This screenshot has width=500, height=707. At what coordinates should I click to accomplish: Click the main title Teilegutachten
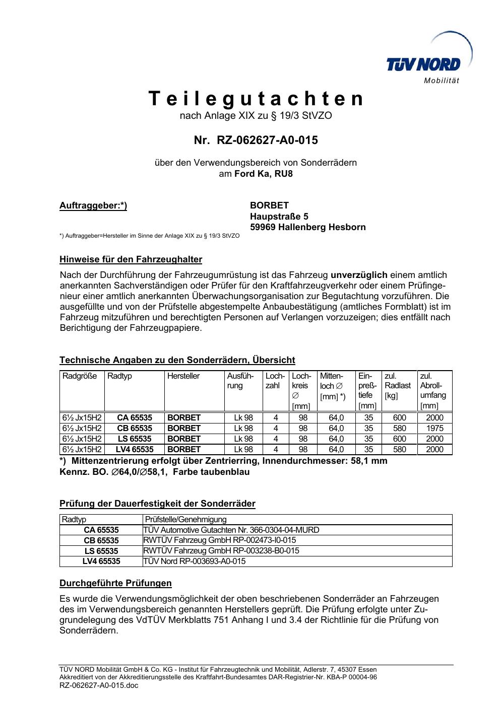click(x=256, y=99)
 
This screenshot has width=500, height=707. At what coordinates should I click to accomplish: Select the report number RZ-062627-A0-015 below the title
click(x=256, y=140)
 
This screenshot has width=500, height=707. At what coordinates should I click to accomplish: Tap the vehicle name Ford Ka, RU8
click(x=263, y=174)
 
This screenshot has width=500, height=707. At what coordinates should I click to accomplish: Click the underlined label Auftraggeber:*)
click(x=93, y=205)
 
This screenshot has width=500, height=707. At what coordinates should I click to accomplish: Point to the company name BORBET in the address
click(x=269, y=205)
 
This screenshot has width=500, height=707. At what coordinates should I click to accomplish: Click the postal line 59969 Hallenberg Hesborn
click(x=307, y=227)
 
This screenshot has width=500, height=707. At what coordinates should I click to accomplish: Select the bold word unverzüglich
click(x=359, y=275)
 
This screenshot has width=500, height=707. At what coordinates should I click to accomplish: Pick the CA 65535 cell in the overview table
click(x=134, y=417)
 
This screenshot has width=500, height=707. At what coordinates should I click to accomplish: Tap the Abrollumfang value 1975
click(x=434, y=428)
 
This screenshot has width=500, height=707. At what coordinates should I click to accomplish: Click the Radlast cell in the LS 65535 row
click(x=399, y=439)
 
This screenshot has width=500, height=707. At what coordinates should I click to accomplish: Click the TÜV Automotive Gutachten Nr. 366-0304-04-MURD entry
click(x=231, y=530)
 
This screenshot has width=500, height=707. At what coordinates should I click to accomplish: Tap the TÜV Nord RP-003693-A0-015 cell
click(x=195, y=561)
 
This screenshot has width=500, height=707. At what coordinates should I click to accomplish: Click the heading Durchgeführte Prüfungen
click(x=115, y=583)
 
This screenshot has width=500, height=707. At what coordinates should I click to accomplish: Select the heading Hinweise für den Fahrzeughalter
click(x=131, y=260)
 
